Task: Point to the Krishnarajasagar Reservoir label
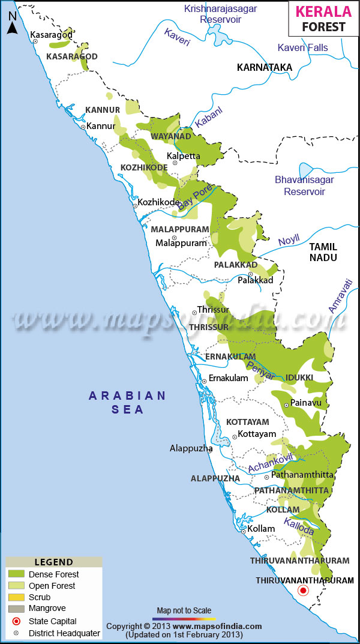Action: [x=220, y=14]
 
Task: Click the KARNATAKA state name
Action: [x=264, y=67]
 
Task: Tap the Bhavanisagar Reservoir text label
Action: [x=304, y=185]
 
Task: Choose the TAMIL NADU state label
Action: [x=323, y=252]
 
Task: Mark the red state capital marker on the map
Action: [x=304, y=591]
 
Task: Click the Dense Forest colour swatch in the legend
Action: [x=16, y=574]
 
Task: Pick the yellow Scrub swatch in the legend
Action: [x=16, y=597]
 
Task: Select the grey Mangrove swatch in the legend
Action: [x=16, y=609]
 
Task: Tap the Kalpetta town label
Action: [x=183, y=156]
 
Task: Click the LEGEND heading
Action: [x=54, y=562]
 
